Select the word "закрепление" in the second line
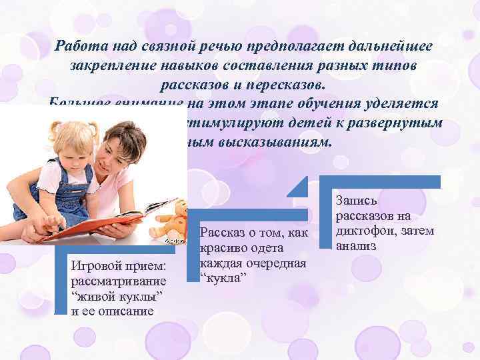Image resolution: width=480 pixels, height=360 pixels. click(107, 65)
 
